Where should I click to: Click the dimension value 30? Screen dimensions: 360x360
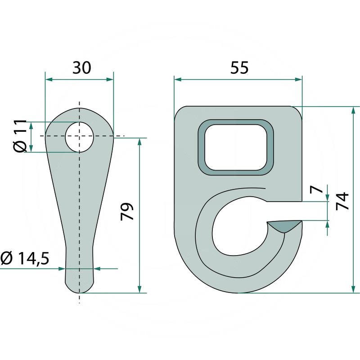(82, 67)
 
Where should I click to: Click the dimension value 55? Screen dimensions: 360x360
(239, 67)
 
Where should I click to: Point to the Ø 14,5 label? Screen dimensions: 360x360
(25, 259)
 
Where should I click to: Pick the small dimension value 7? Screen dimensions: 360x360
(319, 189)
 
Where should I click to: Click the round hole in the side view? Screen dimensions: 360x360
(80, 136)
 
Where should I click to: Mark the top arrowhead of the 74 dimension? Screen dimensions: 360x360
(352, 110)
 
